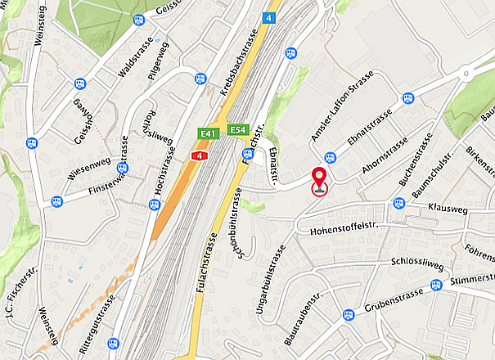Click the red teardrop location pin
pos(318,175)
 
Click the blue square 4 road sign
pos(270,18)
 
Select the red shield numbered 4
pos(197,155)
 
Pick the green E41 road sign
pos(209,133)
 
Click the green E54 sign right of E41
pos(238,129)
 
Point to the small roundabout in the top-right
pos(466,74)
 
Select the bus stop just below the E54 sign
pos(248,153)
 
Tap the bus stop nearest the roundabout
pos(408,97)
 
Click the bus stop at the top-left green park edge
pos(138,20)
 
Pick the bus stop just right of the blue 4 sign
pos(290,52)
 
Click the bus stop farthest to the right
pos(436,285)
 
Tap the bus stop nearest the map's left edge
pos(31,142)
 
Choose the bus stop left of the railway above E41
pos(201,79)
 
